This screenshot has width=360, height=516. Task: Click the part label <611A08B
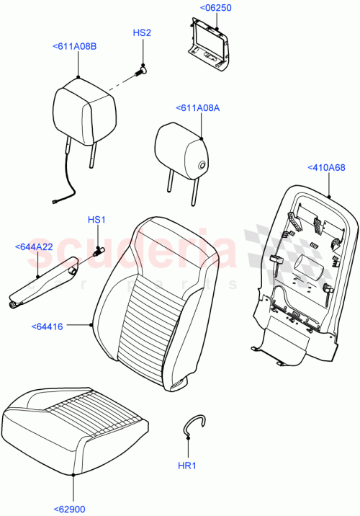pos(75,47)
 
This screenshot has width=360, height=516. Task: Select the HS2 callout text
pos(142,33)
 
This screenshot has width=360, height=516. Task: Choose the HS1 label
pos(96,219)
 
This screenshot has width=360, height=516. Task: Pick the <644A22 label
pos(34,247)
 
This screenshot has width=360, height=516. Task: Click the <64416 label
pos(48,326)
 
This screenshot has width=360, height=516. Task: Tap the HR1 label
pos(187,468)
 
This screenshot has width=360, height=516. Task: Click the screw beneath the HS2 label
pos(142,71)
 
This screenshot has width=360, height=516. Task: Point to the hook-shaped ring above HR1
pos(192,425)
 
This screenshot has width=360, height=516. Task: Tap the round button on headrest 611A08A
pos(201,167)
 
